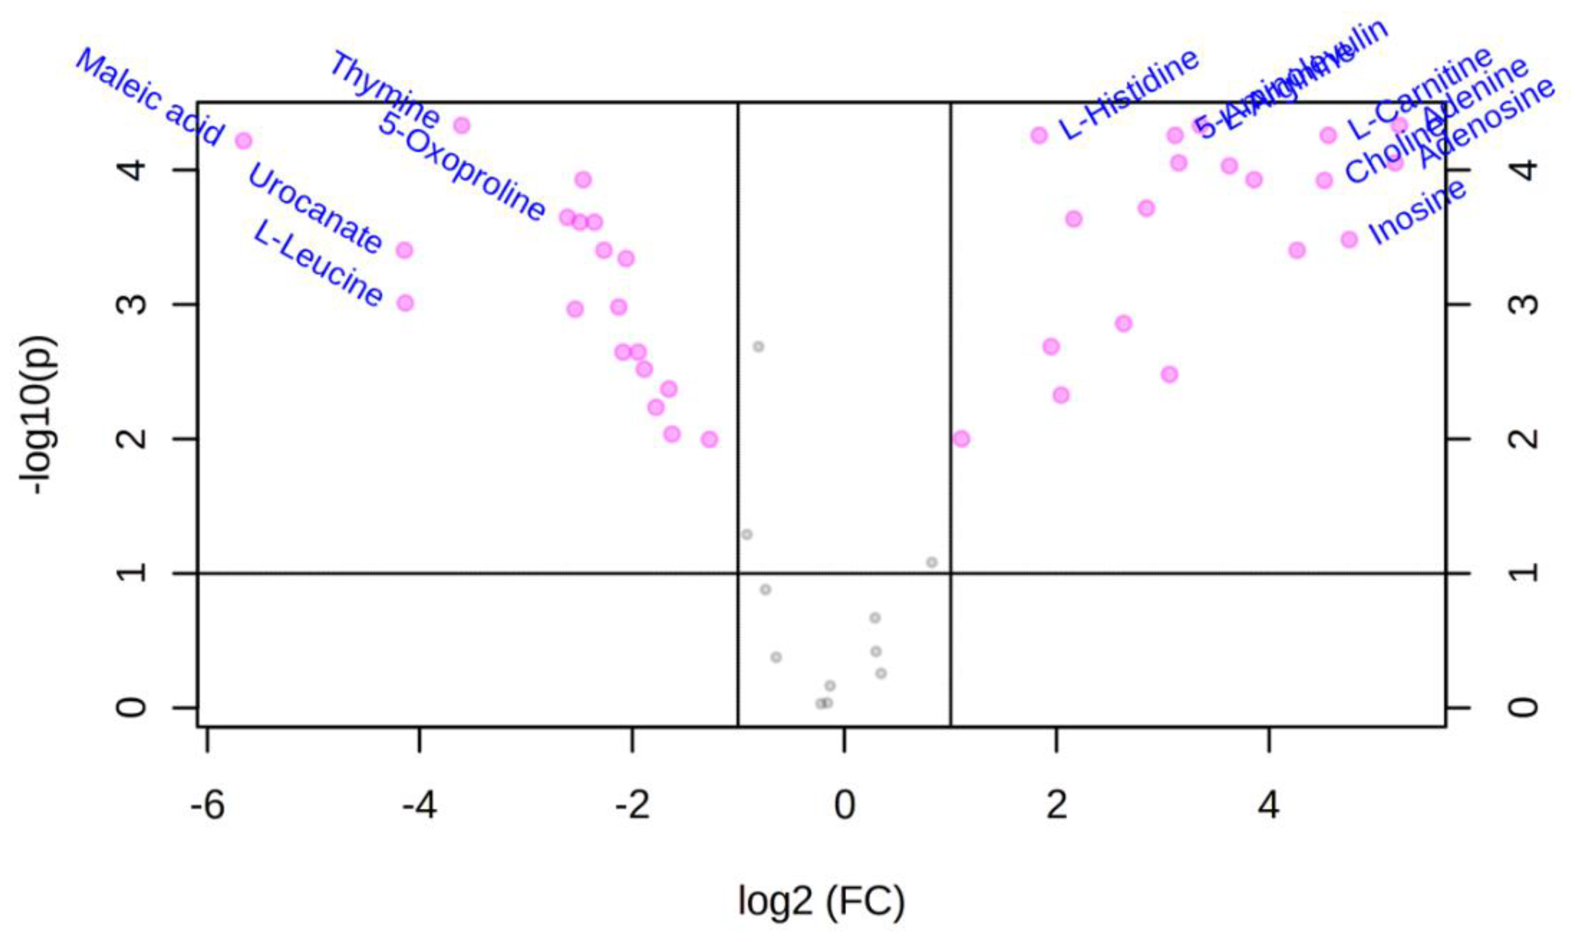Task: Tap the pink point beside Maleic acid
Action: tap(243, 140)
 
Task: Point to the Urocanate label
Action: tap(315, 208)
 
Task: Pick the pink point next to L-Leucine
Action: tap(405, 303)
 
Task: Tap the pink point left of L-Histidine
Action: tap(1039, 135)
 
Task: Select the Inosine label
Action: tap(1417, 212)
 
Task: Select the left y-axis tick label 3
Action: tap(132, 304)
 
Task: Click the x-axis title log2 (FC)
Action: tap(821, 901)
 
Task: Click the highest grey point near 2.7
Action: tap(758, 346)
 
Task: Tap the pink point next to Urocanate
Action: tap(404, 250)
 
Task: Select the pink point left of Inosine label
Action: tap(1349, 239)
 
